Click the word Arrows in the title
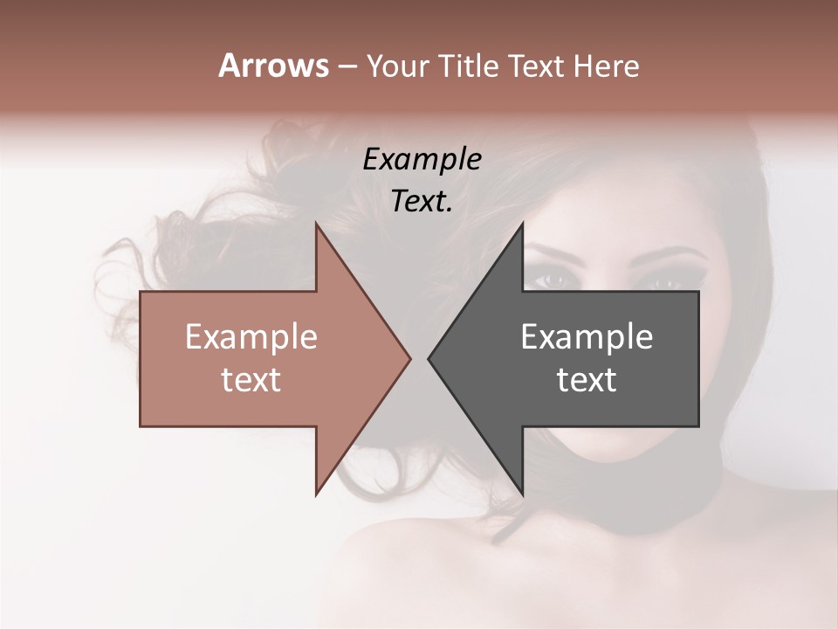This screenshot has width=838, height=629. (x=273, y=66)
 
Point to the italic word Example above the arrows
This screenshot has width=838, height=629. (x=422, y=159)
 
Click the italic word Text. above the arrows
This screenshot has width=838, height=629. (x=422, y=202)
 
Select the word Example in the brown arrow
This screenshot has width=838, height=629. (x=251, y=336)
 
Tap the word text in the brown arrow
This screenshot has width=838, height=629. (x=251, y=380)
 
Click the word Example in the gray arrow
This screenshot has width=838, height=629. (x=587, y=336)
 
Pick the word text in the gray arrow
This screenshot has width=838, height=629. (x=587, y=380)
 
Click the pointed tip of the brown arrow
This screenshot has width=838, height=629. (x=409, y=358)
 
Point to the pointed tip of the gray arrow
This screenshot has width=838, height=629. (x=429, y=358)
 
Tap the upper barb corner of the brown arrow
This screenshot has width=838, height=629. (x=316, y=223)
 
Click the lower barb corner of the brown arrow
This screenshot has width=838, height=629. (x=316, y=494)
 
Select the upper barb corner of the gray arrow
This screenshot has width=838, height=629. (x=522, y=223)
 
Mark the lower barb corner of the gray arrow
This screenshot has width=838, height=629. (x=522, y=494)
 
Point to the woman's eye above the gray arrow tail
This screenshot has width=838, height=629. (x=670, y=282)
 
